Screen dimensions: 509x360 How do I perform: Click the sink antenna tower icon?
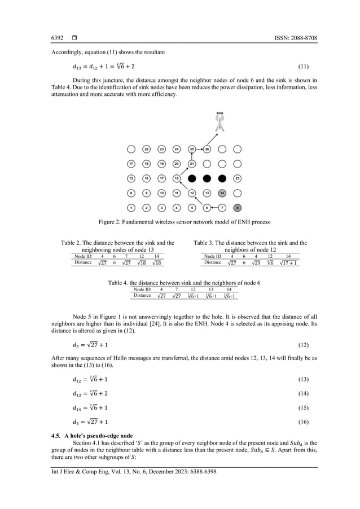click(x=220, y=125)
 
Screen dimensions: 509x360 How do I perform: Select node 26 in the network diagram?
click(x=207, y=150)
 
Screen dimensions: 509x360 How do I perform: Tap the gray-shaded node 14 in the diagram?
click(x=222, y=193)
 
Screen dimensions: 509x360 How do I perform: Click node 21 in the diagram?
click(x=192, y=164)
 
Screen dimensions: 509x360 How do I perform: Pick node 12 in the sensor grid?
click(x=192, y=193)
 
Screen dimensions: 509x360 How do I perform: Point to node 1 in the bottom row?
click(x=131, y=207)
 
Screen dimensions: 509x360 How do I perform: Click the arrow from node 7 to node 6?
click(x=215, y=207)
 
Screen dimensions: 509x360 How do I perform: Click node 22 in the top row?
click(x=146, y=150)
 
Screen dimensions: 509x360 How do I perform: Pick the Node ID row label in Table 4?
click(x=142, y=289)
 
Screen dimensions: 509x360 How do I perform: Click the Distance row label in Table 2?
click(x=83, y=263)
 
